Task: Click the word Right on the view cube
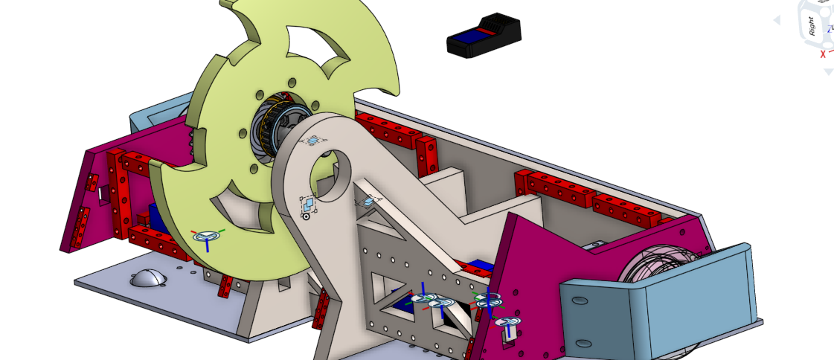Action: [812, 25]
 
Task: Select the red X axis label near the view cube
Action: [823, 54]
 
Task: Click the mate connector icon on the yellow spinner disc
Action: [208, 237]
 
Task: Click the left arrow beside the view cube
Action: [777, 21]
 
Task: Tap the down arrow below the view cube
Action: [828, 71]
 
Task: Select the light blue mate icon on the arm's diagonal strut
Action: [369, 201]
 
